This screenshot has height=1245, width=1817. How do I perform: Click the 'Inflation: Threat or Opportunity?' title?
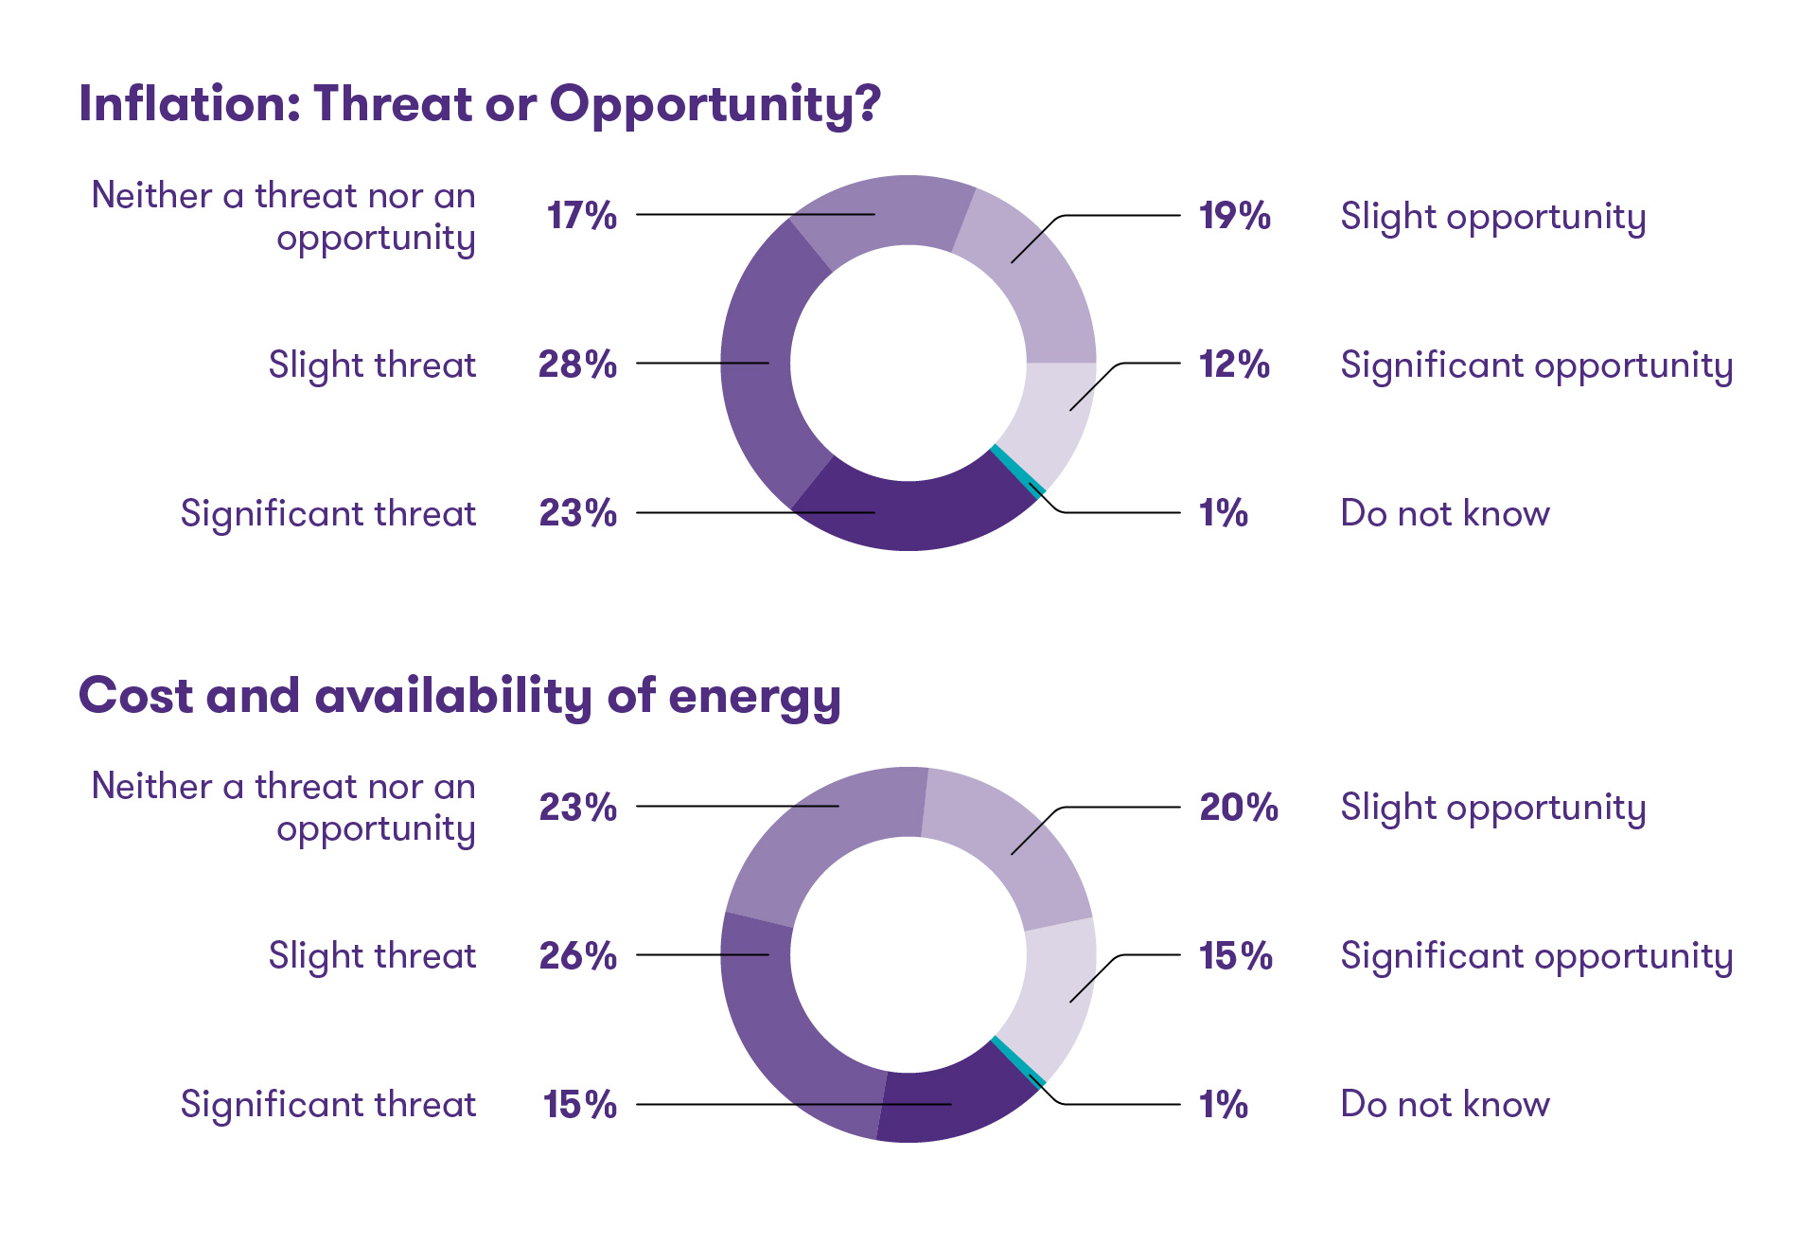pos(479,104)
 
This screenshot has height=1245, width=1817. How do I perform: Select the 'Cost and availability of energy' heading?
pos(459,697)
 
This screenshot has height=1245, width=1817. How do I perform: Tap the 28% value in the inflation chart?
pos(577,365)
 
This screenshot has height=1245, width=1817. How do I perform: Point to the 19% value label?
pos(1234,216)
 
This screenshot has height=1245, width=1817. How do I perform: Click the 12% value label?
pos(1234,365)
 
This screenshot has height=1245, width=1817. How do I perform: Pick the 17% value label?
pos(581,216)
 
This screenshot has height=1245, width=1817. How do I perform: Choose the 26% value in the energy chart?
pos(577,956)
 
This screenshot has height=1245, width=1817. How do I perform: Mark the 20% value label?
pos(1238,808)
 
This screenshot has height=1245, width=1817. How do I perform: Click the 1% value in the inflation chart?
pos(1223,513)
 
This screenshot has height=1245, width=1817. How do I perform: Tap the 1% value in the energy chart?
pos(1223,1105)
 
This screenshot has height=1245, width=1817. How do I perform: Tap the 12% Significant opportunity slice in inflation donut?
pos(1055,412)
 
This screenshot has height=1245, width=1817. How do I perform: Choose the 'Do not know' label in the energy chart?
pos(1445,1105)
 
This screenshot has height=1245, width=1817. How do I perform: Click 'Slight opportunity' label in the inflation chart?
pos(1492,217)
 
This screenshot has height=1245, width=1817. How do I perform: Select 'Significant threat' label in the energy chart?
pos(328,1105)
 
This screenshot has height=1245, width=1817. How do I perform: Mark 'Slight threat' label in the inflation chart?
pos(372,365)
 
